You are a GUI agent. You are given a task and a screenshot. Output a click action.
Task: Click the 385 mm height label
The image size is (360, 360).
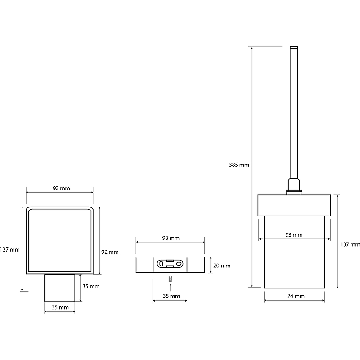click(239, 165)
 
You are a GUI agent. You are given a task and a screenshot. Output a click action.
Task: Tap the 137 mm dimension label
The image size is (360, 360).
click(350, 244)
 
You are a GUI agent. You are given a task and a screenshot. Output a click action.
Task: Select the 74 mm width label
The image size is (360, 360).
click(296, 296)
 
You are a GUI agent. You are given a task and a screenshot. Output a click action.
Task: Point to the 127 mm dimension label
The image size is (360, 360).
click(10, 250)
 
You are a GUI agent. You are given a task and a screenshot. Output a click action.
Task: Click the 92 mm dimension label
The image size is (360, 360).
click(110, 252)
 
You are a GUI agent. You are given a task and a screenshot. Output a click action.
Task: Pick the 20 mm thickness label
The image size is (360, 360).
click(222, 265)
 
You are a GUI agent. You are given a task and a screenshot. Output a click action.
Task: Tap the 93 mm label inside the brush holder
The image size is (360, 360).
click(294, 235)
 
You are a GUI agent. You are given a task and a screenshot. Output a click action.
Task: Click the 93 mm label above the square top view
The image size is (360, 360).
click(61, 188)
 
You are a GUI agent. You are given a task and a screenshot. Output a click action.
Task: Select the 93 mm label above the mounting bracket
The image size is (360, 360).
click(171, 238)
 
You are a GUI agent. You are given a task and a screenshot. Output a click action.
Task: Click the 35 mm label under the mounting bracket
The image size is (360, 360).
click(171, 296)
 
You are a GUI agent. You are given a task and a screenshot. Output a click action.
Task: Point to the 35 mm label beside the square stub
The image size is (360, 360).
click(91, 286)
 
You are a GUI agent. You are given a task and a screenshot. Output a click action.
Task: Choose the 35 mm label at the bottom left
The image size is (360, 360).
click(60, 307)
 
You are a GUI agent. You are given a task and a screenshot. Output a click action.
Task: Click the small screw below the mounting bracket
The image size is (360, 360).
click(171, 279)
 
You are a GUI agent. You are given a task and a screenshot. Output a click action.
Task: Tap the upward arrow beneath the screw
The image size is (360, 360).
click(171, 288)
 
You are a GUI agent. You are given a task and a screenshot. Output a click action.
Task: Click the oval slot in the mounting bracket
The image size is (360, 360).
click(170, 264)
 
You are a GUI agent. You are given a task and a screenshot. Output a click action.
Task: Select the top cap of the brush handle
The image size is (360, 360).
click(294, 48)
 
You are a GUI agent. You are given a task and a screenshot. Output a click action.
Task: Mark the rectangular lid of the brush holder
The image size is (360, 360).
click(294, 206)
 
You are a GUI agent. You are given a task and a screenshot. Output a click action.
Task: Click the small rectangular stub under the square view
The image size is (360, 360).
click(60, 288)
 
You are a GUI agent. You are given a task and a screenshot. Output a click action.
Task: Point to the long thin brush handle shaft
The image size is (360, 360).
click(294, 114)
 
